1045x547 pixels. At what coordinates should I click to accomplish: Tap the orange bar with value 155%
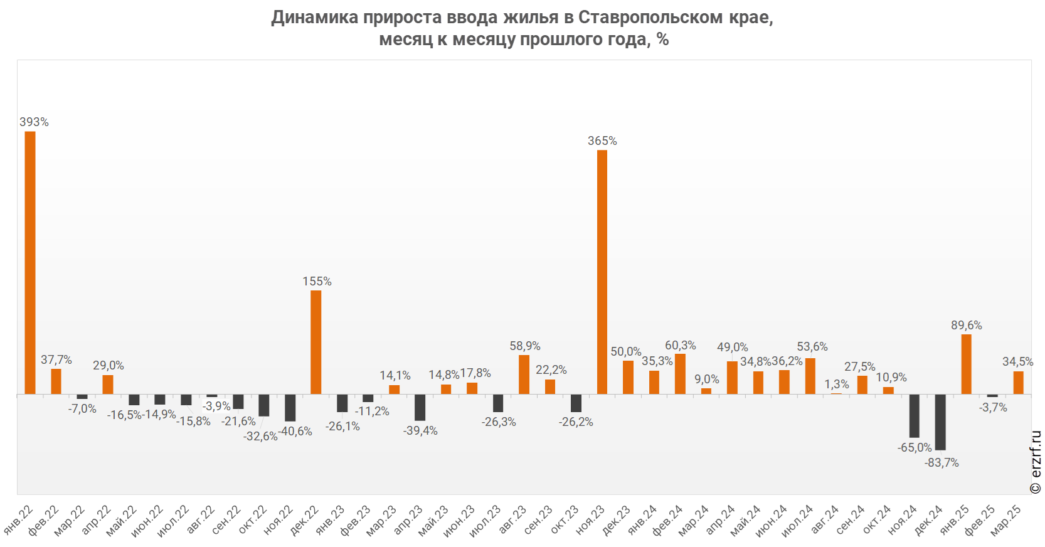click(x=316, y=342)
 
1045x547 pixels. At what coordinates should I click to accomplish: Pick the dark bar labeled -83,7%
click(x=940, y=422)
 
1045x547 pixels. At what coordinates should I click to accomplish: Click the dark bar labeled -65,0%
click(x=915, y=415)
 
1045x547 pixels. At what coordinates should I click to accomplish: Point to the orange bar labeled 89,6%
click(x=967, y=364)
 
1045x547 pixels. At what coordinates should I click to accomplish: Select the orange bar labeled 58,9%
click(x=524, y=374)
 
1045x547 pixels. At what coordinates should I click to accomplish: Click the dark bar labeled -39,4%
click(x=420, y=407)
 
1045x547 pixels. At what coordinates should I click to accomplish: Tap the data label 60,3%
click(x=681, y=346)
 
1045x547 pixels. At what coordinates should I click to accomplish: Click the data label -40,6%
click(x=295, y=432)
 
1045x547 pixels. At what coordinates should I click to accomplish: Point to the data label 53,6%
click(x=812, y=347)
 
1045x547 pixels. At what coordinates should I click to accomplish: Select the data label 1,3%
click(x=837, y=384)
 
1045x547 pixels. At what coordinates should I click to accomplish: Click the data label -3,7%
click(x=993, y=408)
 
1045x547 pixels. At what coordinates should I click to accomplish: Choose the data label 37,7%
click(x=56, y=360)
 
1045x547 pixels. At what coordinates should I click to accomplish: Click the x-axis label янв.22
click(x=19, y=519)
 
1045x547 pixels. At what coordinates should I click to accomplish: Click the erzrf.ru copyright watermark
click(x=1036, y=462)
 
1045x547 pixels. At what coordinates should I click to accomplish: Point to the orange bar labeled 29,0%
click(x=108, y=384)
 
